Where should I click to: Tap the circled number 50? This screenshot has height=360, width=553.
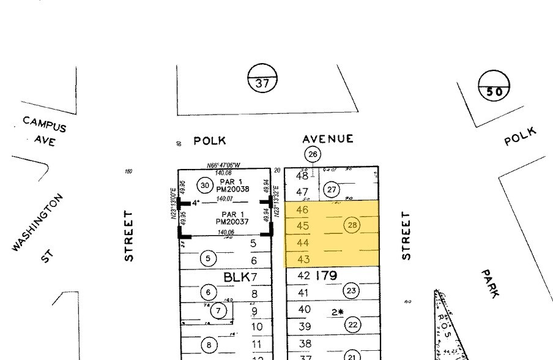(x=494, y=92)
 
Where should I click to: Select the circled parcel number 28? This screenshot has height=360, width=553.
(x=352, y=225)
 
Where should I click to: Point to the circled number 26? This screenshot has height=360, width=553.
(x=313, y=154)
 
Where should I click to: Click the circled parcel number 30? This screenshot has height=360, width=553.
(x=205, y=186)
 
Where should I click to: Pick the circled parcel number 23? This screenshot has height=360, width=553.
(x=351, y=291)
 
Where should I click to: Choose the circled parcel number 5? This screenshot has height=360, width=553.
(x=208, y=258)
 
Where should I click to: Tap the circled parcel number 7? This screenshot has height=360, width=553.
(x=218, y=310)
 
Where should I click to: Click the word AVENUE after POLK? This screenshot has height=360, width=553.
(x=328, y=139)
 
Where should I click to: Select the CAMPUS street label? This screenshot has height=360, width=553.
(x=44, y=123)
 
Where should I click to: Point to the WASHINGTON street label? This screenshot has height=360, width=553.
(x=37, y=222)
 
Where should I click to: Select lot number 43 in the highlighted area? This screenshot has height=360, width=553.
(x=303, y=260)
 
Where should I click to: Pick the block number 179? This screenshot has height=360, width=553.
(x=325, y=276)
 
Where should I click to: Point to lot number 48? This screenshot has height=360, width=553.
(x=303, y=176)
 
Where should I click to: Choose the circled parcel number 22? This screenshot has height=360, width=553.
(x=352, y=324)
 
